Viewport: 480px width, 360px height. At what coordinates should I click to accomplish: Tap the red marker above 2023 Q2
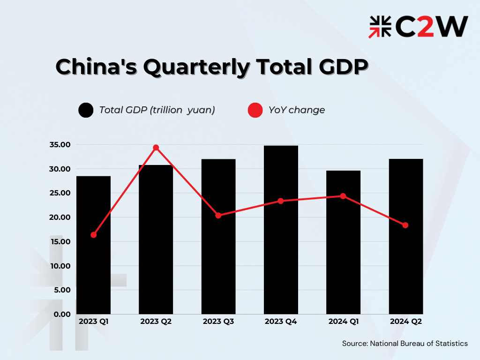tap(156, 148)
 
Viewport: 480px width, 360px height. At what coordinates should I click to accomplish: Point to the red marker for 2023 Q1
tap(94, 235)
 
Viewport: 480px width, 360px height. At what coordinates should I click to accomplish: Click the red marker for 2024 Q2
tap(405, 225)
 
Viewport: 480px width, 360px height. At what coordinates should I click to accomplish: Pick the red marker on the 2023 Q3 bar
tap(218, 216)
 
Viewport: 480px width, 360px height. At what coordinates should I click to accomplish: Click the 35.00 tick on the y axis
tap(60, 145)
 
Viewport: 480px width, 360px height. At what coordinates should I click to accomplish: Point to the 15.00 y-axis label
tap(60, 241)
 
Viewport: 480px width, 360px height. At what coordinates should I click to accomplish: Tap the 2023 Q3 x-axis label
tap(218, 322)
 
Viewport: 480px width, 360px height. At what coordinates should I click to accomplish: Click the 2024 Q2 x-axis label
tap(405, 322)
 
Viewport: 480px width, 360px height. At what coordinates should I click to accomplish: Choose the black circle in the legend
tap(86, 110)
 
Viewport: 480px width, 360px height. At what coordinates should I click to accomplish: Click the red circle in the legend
tap(255, 110)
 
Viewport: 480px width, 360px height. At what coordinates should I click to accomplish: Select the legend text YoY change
tap(297, 110)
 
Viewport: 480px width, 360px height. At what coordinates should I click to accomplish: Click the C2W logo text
tap(432, 27)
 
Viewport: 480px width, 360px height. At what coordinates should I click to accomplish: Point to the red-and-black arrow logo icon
tap(380, 27)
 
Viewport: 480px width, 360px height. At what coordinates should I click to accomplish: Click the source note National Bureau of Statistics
tap(405, 344)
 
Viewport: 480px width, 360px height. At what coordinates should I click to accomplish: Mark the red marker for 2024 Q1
tap(343, 196)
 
